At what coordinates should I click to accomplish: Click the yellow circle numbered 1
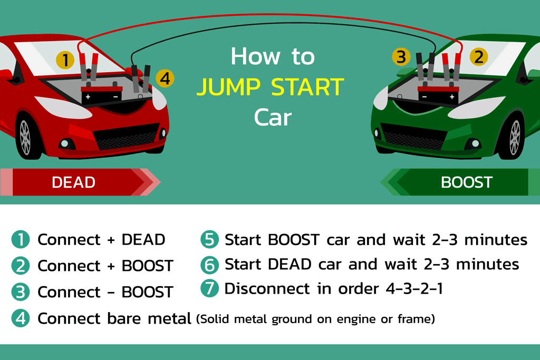[65, 60]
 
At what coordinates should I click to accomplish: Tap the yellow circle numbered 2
[478, 56]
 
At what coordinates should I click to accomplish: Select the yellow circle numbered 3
[401, 56]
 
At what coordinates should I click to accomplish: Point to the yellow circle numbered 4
[165, 79]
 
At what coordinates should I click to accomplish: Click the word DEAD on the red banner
[73, 182]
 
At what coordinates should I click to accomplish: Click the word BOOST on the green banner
[466, 182]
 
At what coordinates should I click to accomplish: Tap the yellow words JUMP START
[270, 87]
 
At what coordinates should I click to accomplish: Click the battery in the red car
[101, 95]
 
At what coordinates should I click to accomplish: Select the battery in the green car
[438, 95]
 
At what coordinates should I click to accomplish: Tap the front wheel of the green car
[515, 137]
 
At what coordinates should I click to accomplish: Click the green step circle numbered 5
[209, 240]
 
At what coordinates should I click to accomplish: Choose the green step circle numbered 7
[209, 289]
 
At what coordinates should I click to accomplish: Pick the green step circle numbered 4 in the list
[21, 318]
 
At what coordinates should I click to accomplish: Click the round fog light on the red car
[65, 143]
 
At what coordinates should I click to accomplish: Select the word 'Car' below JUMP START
[272, 118]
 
